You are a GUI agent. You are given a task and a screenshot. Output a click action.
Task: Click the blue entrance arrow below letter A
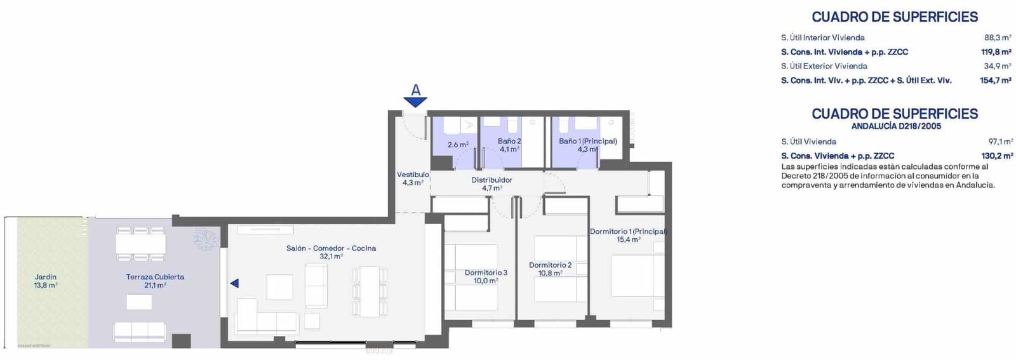pos(415,102)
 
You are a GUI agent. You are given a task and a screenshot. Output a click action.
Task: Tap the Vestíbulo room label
pos(413,175)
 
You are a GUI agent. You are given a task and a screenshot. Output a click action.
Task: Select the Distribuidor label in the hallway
pos(491,180)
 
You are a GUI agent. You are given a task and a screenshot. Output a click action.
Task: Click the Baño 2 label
pos(509,141)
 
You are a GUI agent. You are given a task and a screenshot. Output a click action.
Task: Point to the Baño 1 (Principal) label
pos(588,141)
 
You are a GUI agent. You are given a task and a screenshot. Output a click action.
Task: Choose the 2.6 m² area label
pos(458,145)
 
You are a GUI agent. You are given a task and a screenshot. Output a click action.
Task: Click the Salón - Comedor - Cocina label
pos(331,248)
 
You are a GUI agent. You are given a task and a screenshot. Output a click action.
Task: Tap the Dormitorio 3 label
pos(486,272)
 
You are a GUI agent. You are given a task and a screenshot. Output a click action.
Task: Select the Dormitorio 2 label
pos(550,265)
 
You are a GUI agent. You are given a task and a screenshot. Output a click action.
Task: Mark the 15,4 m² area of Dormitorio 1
pos(629,240)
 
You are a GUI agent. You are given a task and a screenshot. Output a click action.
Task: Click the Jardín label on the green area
pos(46,277)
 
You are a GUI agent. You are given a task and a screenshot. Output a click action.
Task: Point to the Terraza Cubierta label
pos(155,277)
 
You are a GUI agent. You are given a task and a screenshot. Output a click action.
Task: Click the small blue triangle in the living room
pos(234,283)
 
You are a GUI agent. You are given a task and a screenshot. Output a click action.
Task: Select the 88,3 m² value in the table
pos(998,37)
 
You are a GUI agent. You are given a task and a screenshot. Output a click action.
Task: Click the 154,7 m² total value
pos(996,80)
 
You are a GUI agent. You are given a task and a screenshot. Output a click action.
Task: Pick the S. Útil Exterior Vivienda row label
pos(824,66)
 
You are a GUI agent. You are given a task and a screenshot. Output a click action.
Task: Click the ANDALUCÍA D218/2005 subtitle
pos(896,126)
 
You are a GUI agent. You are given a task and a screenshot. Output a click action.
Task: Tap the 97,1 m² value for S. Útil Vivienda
pos(1001,142)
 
